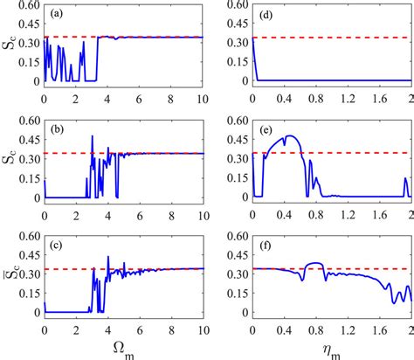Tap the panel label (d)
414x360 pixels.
(266, 14)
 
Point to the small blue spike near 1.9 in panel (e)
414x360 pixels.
(405, 179)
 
